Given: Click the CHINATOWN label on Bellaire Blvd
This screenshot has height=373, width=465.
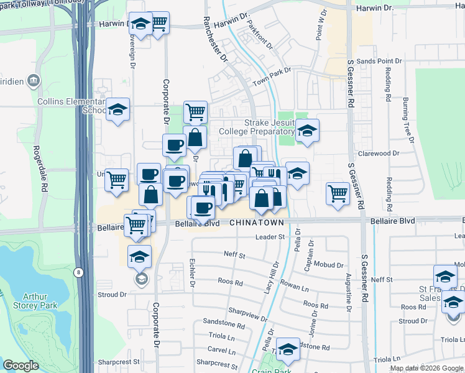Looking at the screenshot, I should [257, 222].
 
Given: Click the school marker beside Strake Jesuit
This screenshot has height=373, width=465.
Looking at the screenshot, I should [306, 131].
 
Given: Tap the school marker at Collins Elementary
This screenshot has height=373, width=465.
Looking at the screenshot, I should [117, 110].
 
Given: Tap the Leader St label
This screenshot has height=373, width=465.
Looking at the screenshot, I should [270, 237].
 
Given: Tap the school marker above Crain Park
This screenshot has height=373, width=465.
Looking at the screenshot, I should [288, 351].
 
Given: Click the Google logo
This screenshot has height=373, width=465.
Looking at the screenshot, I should [21, 366].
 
